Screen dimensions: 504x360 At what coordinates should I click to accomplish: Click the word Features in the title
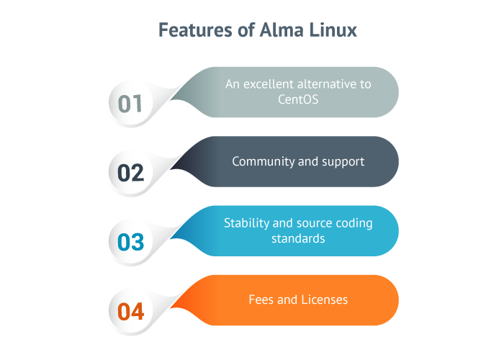coord(195,30)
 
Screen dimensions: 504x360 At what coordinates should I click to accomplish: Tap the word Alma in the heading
coord(282,30)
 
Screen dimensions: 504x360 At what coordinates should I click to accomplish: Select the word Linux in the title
coord(333,30)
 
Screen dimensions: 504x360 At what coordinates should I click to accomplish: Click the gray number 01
coord(130,104)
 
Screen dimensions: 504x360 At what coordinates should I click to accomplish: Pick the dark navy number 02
coord(130,173)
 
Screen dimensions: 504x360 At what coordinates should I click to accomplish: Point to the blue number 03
coord(130,242)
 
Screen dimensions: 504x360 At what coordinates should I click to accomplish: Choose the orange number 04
coord(130,312)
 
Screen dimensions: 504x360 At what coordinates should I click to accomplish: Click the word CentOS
coord(298,99)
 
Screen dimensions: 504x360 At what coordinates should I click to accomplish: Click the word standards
coord(298,238)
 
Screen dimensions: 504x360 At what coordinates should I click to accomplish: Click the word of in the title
coord(246,30)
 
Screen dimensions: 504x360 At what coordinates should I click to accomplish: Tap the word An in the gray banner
coord(233,84)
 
